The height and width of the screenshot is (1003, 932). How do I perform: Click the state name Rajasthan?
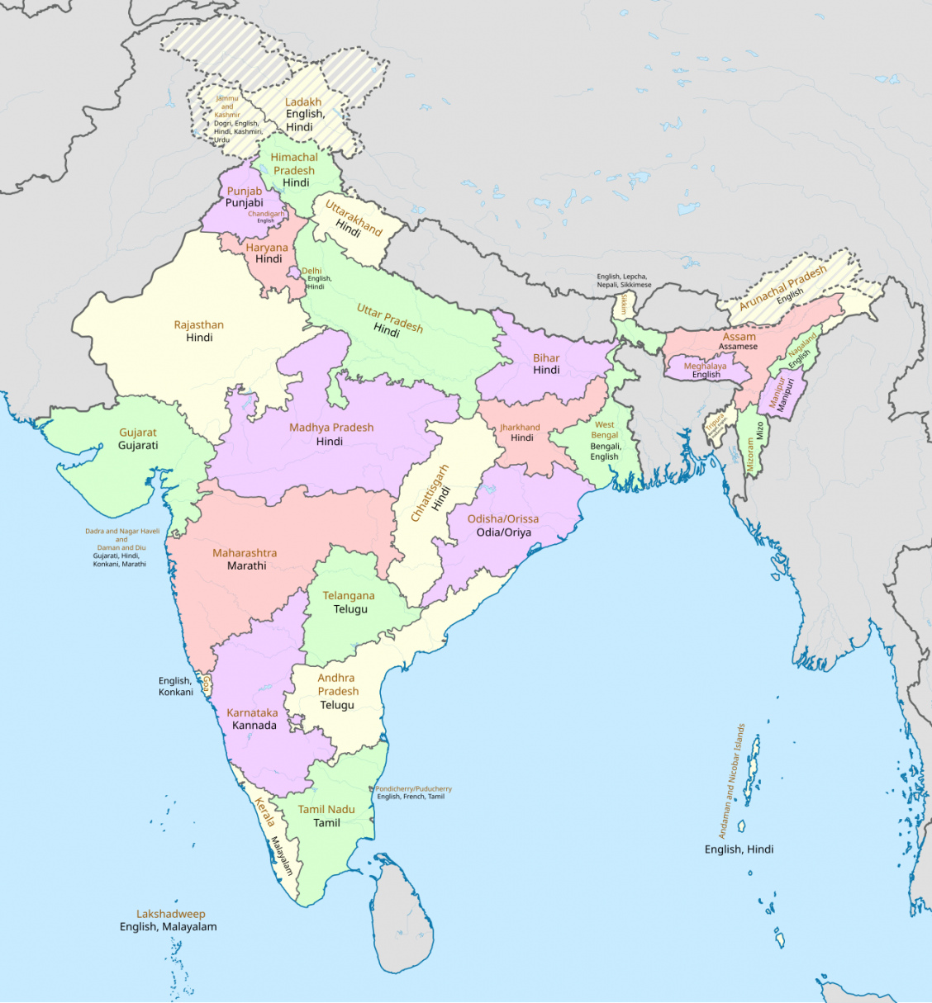pyautogui.click(x=198, y=325)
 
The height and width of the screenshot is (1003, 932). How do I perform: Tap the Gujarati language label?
pyautogui.click(x=138, y=446)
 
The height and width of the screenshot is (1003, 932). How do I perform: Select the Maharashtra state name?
pyautogui.click(x=245, y=553)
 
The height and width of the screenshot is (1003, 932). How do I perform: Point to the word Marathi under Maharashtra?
pyautogui.click(x=247, y=566)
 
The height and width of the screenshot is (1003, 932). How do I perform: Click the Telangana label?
pyautogui.click(x=349, y=596)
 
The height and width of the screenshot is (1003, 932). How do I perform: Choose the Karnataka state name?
pyautogui.click(x=252, y=712)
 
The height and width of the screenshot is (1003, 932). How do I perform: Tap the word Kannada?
pyautogui.click(x=254, y=726)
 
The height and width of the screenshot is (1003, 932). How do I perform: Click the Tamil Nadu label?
pyautogui.click(x=326, y=810)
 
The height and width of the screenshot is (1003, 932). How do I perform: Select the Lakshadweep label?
pyautogui.click(x=171, y=914)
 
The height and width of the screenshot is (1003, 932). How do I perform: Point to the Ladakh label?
pyautogui.click(x=303, y=102)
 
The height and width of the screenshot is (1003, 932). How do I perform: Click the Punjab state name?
pyautogui.click(x=245, y=191)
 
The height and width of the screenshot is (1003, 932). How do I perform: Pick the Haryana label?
pyautogui.click(x=267, y=248)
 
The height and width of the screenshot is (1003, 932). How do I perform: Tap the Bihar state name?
pyautogui.click(x=546, y=358)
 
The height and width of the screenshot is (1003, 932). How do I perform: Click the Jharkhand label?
pyautogui.click(x=520, y=428)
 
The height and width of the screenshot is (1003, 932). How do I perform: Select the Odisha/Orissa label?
pyautogui.click(x=503, y=519)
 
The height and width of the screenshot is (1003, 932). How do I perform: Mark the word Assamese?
pyautogui.click(x=738, y=347)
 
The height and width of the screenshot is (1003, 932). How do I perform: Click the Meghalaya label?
pyautogui.click(x=705, y=366)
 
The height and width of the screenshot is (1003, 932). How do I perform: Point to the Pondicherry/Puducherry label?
pyautogui.click(x=414, y=789)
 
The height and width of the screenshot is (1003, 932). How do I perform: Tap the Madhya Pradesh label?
pyautogui.click(x=331, y=428)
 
